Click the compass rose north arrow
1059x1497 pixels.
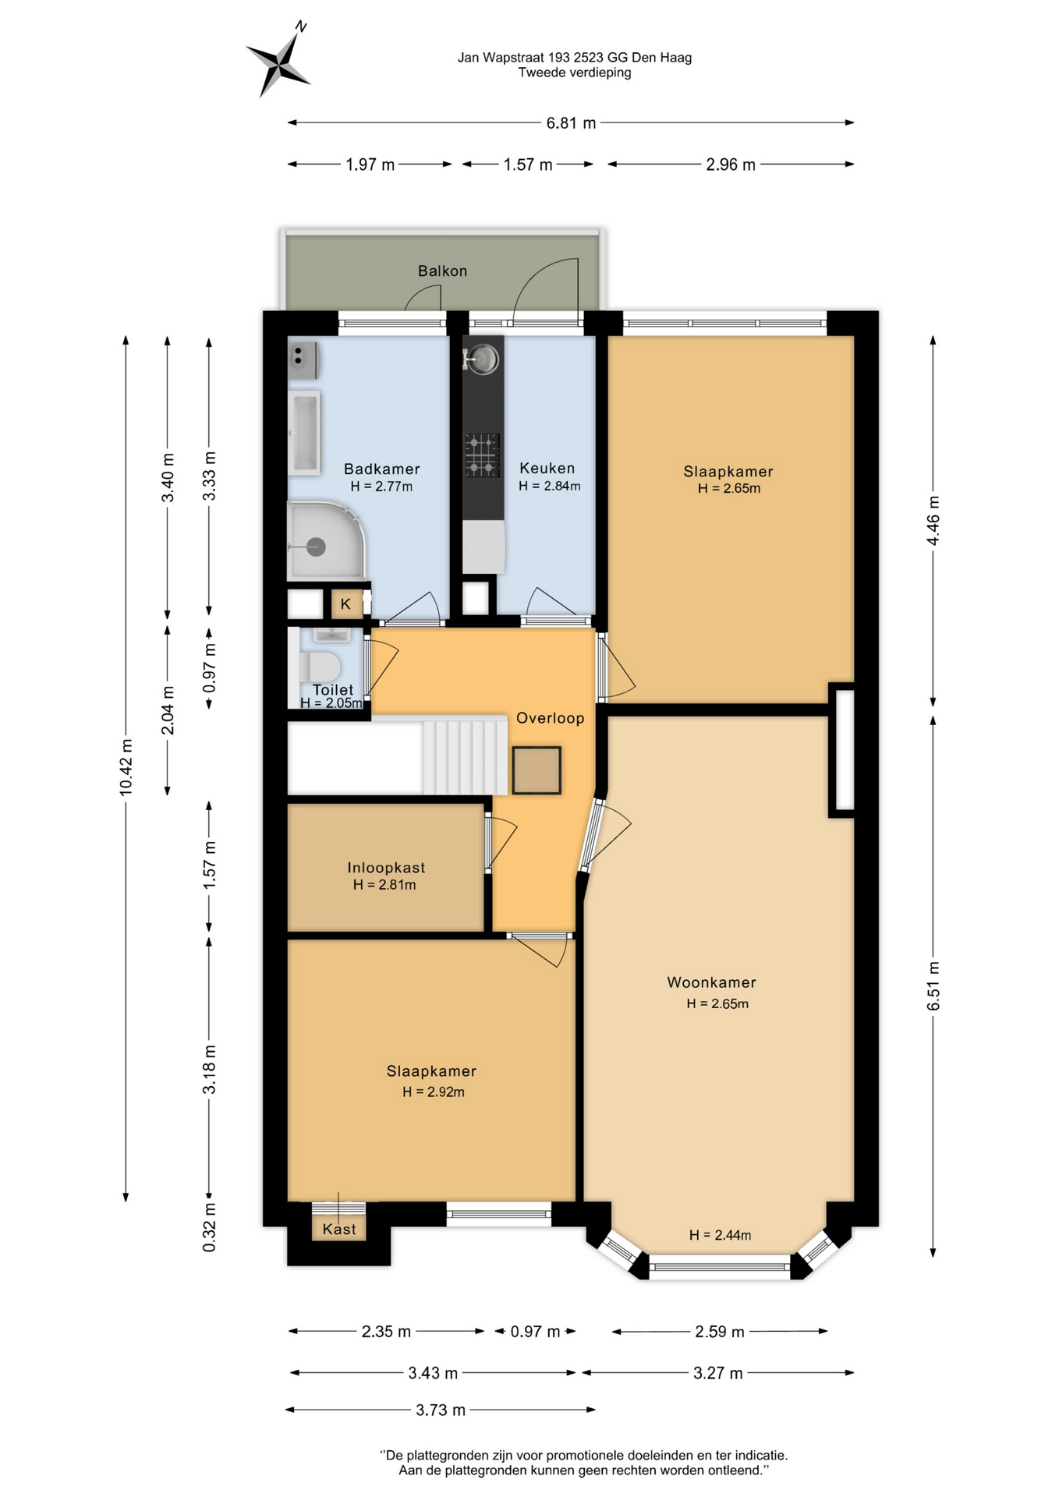tap(278, 60)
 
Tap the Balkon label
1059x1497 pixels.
tap(442, 271)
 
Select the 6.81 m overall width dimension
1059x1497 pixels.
tap(571, 122)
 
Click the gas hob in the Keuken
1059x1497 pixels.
tap(482, 455)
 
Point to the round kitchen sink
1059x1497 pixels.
tap(483, 359)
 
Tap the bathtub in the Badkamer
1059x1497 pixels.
tap(305, 433)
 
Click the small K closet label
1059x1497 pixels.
tap(345, 604)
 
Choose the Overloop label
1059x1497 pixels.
tap(550, 718)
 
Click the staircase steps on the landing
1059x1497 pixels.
tap(465, 757)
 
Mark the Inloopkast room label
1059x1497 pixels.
tap(386, 868)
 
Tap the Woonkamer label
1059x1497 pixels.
tap(711, 982)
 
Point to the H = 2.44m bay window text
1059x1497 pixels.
tap(720, 1235)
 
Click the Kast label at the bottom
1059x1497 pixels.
tap(339, 1230)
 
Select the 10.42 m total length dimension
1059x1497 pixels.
tap(126, 768)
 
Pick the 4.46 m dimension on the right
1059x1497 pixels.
tap(933, 521)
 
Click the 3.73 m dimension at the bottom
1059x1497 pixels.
tap(441, 1410)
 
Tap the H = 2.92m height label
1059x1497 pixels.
tap(434, 1092)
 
